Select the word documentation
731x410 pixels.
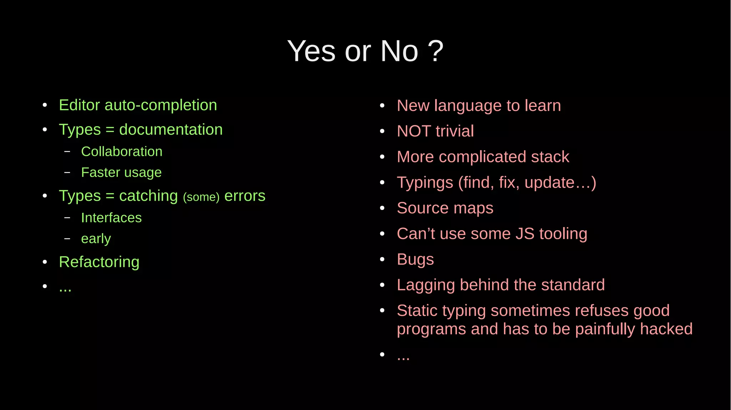click(x=171, y=129)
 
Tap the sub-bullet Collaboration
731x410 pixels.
click(x=122, y=152)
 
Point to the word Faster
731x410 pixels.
click(x=100, y=173)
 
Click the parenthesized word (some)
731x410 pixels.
click(x=201, y=197)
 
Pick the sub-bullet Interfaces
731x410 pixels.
click(x=111, y=218)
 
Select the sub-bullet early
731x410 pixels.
click(x=96, y=239)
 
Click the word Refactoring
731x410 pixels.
click(x=99, y=262)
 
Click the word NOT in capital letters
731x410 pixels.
click(x=414, y=131)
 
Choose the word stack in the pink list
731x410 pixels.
click(x=550, y=157)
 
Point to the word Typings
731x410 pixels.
click(x=425, y=183)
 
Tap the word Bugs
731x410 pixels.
click(x=415, y=260)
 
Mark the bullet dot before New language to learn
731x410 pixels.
click(x=382, y=106)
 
